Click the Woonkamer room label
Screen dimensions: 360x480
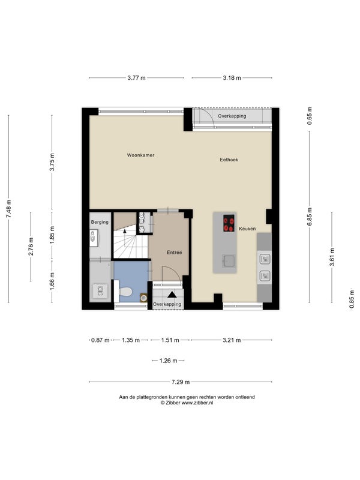(140, 155)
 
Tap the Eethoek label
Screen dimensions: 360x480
(229, 160)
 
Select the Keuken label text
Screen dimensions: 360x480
(247, 229)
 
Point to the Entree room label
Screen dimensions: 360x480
(174, 253)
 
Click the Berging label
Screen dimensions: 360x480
(100, 222)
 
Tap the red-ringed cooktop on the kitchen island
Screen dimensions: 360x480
(229, 223)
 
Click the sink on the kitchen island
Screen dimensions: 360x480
(229, 261)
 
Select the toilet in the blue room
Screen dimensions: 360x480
(125, 292)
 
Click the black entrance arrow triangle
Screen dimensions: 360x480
(172, 295)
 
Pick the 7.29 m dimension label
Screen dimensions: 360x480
(181, 382)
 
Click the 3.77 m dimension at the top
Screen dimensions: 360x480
(137, 78)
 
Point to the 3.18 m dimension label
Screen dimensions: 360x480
(232, 78)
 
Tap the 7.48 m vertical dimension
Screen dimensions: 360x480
(8, 209)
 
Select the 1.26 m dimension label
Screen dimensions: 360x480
(169, 361)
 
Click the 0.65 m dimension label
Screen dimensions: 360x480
(310, 116)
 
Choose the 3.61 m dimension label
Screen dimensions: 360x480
(332, 257)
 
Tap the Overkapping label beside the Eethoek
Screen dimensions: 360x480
(232, 116)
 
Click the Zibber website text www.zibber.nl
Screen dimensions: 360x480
(197, 403)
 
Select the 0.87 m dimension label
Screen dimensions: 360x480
(100, 340)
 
